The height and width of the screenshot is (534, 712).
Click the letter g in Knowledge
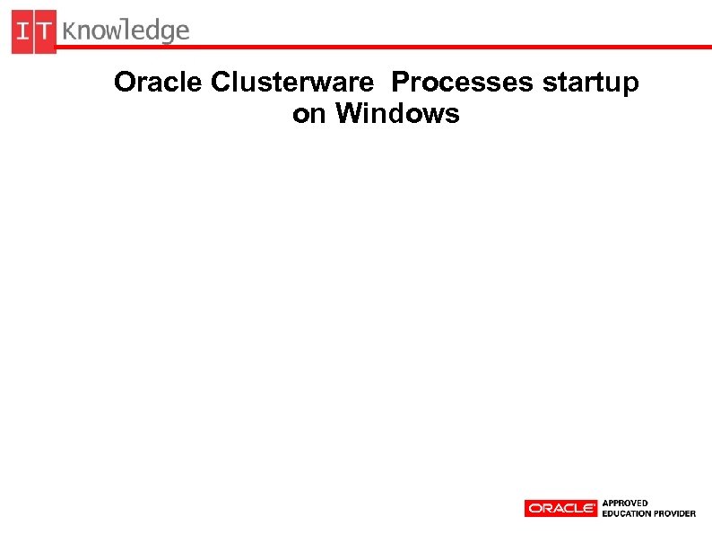tap(166, 34)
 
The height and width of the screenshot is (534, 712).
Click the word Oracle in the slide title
tap(159, 83)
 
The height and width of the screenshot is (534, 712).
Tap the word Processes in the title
tap(463, 83)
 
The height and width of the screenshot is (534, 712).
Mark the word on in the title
tap(309, 115)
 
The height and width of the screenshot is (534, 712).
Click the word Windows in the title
tap(397, 114)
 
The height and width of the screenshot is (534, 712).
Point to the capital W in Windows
tap(350, 114)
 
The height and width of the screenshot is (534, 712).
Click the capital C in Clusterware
tap(221, 83)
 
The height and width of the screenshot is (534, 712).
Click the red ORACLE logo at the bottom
tap(560, 508)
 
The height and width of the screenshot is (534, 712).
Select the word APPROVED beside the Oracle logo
tap(625, 503)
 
